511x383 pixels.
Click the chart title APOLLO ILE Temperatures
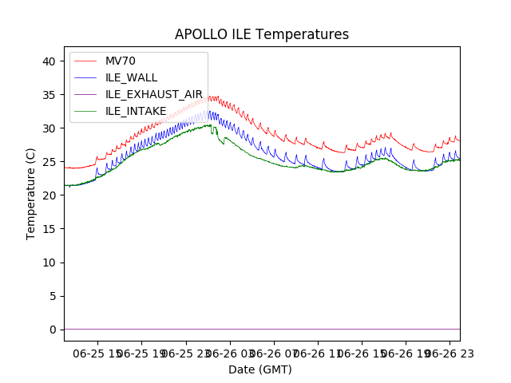point(262,35)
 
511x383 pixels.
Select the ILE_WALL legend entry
point(131,77)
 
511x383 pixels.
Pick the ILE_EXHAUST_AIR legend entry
point(154,94)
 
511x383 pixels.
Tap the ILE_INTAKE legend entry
point(136,111)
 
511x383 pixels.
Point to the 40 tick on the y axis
point(50,61)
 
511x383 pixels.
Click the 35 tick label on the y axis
point(50,95)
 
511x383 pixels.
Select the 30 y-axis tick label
point(50,128)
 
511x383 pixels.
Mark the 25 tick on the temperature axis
point(50,162)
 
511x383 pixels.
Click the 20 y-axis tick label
point(50,195)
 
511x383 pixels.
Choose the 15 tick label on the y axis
point(50,229)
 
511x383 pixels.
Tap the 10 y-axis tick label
point(50,263)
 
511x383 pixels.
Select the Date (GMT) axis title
point(260,369)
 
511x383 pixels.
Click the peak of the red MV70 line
point(210,97)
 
